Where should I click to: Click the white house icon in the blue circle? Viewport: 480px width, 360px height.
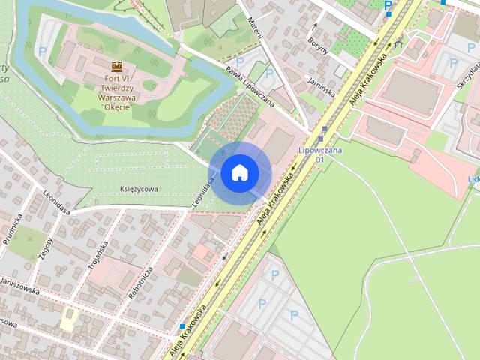tap(239, 173)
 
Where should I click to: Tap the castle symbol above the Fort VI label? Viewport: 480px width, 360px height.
tap(116, 67)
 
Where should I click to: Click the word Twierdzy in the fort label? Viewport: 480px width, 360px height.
tap(106, 87)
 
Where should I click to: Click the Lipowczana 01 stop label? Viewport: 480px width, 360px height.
tap(319, 154)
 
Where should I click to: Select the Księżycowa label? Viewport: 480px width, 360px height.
tap(139, 190)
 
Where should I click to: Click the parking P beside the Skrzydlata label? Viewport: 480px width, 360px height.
tap(453, 63)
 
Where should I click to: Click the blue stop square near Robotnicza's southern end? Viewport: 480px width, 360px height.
tap(182, 327)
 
